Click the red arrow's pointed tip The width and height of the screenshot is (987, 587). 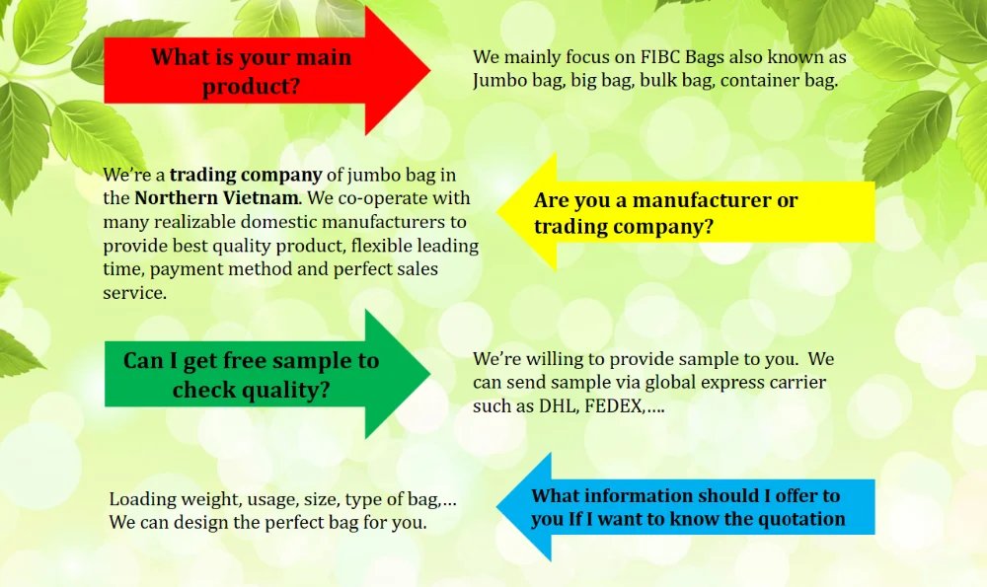(x=430, y=70)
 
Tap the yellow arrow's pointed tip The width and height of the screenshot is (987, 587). (x=496, y=211)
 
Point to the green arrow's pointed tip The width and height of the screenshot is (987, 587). (x=430, y=374)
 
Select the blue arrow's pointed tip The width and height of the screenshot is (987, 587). (x=496, y=506)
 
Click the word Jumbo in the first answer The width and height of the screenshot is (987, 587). (x=494, y=81)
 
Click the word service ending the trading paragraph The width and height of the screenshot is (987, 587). (x=133, y=293)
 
